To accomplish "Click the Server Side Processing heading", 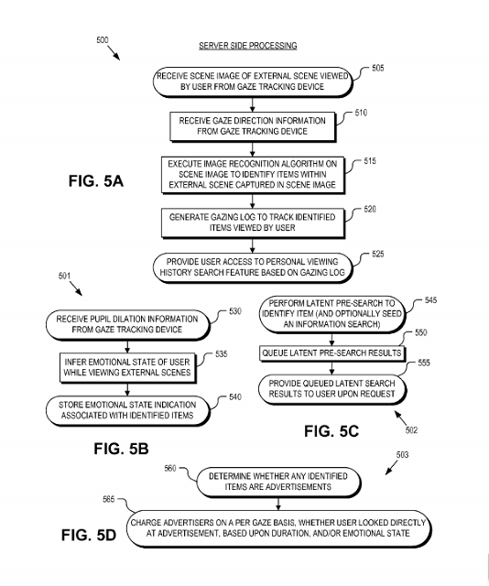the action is click(248, 46).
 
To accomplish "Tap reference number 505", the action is click(377, 68).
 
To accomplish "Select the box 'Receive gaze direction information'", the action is click(253, 126).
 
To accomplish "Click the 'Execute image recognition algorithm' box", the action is click(253, 175).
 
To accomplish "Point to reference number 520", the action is click(370, 209).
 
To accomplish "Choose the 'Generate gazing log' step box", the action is click(253, 222).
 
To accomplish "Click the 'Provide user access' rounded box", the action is click(253, 267).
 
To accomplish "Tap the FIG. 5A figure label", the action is click(96, 181).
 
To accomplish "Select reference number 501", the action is click(64, 276).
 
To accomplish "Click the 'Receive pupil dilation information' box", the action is click(127, 324).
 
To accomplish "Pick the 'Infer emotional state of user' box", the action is click(127, 368).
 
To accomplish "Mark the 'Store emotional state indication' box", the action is click(127, 410).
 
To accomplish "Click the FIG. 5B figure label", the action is click(121, 449).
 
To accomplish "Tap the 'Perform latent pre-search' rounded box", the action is click(332, 314).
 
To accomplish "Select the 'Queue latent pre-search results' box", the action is click(332, 353).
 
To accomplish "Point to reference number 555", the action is click(424, 363).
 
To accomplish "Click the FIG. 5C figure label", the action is click(331, 431).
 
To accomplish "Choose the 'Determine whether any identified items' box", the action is click(278, 482).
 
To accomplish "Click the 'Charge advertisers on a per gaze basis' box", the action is click(278, 528).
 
